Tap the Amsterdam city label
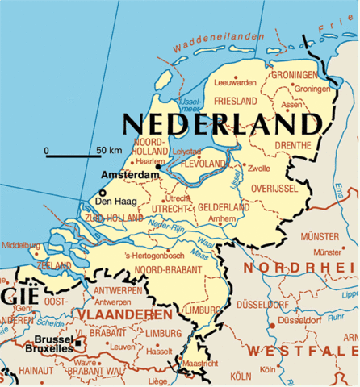[130, 174]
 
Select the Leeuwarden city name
[235, 82]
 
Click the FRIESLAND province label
[235, 101]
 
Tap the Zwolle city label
[260, 169]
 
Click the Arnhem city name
[222, 218]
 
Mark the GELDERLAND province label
[223, 207]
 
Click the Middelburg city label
[20, 245]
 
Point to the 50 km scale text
[108, 151]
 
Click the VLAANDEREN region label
[123, 314]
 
